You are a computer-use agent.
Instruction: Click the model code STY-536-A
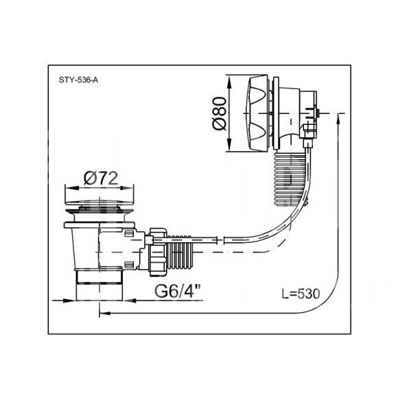[x=78, y=80]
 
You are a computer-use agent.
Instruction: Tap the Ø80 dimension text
[x=220, y=113]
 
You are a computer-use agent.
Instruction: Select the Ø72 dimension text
[x=101, y=178]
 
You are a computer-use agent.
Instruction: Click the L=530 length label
[x=301, y=294]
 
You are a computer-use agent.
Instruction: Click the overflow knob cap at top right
[x=257, y=113]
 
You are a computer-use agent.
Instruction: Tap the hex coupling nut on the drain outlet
[x=158, y=252]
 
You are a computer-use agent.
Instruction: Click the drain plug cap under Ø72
[x=99, y=202]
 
